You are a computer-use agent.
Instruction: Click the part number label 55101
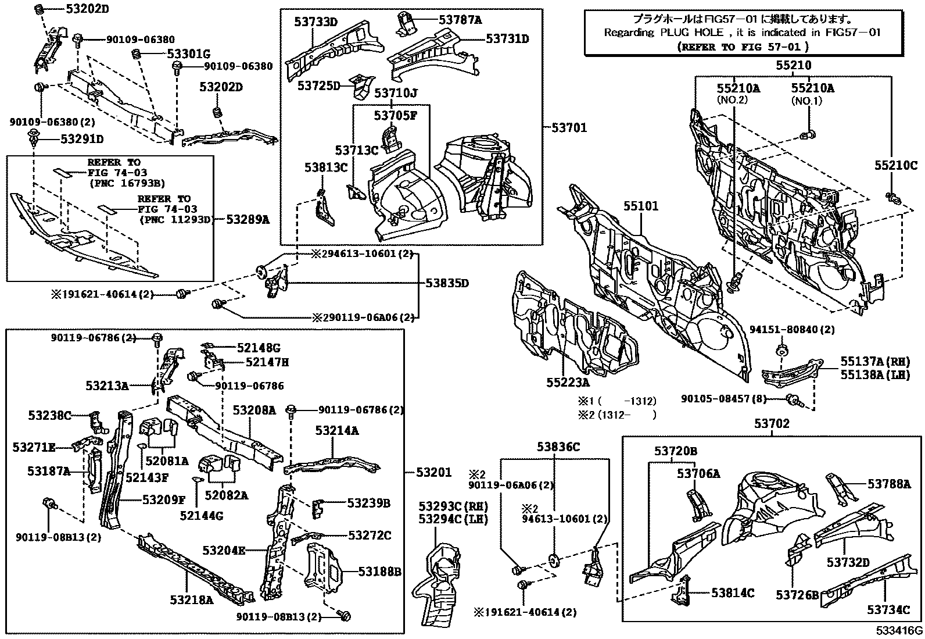click(x=641, y=206)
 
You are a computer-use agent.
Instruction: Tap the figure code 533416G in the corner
click(x=900, y=630)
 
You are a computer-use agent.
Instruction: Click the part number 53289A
click(x=248, y=219)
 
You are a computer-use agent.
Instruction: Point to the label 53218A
click(x=192, y=599)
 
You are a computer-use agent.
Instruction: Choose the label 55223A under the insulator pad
click(x=567, y=382)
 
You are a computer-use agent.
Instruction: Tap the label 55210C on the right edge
click(x=895, y=166)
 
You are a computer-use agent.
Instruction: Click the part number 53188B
click(x=379, y=572)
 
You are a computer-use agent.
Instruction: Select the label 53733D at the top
click(x=316, y=22)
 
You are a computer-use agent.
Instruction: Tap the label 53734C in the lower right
click(x=888, y=609)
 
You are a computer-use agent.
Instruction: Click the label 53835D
click(x=447, y=283)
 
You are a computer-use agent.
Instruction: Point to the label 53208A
click(x=254, y=410)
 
